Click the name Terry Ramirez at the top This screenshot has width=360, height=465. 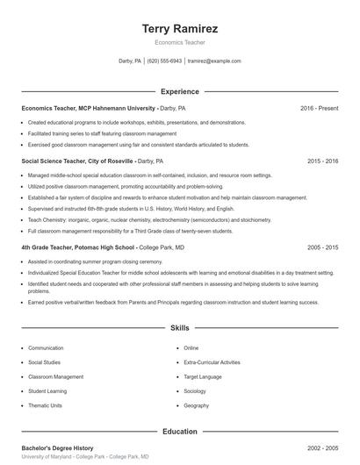[x=179, y=28]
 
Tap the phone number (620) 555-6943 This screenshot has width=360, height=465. [x=164, y=61]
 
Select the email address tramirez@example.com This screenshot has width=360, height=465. [x=214, y=61]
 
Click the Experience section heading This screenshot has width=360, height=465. [x=179, y=91]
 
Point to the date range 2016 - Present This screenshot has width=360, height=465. [x=319, y=108]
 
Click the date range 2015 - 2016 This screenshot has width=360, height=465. [x=322, y=161]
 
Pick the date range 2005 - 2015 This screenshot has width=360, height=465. [x=322, y=247]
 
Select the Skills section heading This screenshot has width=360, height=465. [x=179, y=327]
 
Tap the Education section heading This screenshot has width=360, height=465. [x=179, y=432]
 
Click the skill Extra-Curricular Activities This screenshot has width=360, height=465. [x=212, y=362]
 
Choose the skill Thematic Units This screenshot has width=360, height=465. [x=46, y=405]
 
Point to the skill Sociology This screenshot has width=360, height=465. [x=195, y=391]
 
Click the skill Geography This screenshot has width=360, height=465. [x=197, y=405]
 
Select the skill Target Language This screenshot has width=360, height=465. [x=203, y=376]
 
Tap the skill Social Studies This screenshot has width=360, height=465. [x=45, y=362]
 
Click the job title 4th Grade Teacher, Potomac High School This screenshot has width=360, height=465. [x=78, y=247]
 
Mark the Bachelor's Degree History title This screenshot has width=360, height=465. [x=57, y=448]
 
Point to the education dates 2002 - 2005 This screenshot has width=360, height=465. [x=322, y=448]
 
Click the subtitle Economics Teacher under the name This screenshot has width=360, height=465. [x=179, y=42]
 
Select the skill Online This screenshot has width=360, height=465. [x=191, y=348]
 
